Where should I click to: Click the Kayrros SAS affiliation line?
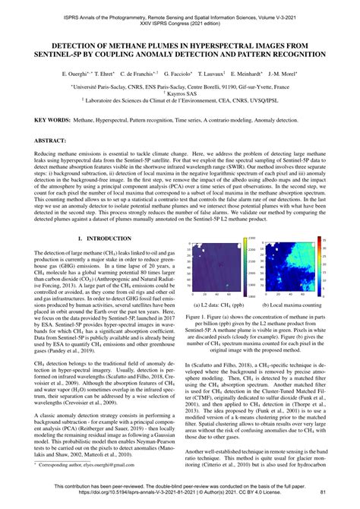pos(180,96)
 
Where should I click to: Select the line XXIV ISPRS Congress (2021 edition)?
pos(180,17)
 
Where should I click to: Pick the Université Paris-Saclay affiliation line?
pos(180,88)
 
